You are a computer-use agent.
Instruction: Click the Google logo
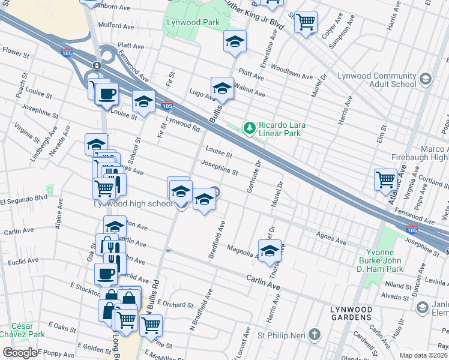pyautogui.click(x=20, y=353)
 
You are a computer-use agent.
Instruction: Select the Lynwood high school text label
pyautogui.click(x=133, y=204)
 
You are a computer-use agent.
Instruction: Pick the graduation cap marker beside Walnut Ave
pyautogui.click(x=221, y=88)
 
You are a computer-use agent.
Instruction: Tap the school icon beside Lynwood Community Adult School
pyautogui.click(x=426, y=79)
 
